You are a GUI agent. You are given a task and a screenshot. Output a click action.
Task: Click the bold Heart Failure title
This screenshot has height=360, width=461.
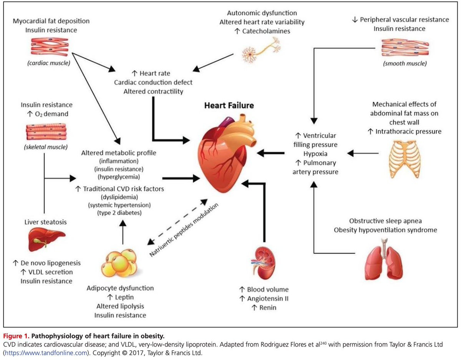[229, 105]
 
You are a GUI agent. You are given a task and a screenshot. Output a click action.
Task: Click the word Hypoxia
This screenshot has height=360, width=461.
[317, 153]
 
